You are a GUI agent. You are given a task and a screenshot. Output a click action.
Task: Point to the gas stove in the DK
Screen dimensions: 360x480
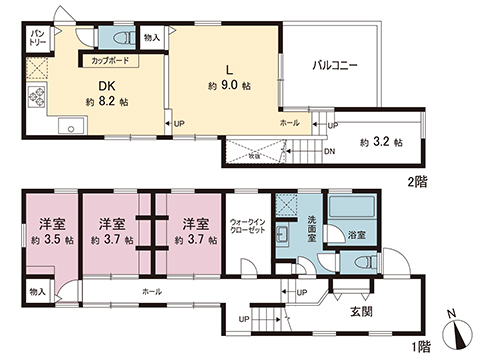[39, 97]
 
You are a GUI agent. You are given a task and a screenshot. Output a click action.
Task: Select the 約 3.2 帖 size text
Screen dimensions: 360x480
[381, 142]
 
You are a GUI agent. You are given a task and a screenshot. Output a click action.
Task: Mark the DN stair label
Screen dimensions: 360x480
[331, 151]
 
